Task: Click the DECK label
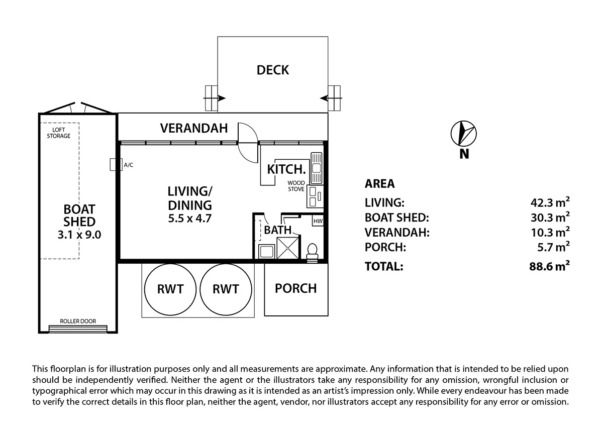pos(273,70)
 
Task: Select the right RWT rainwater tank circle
pos(226,289)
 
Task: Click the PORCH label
pos(296,288)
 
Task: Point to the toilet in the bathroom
pos(312,252)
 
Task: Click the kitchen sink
pos(317,167)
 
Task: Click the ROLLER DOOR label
pos(77,321)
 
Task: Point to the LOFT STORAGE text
pos(59,133)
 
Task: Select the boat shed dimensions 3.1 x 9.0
pos(79,234)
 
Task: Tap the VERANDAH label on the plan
pos(193,128)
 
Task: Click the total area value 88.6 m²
pos(546,266)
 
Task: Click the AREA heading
pos(379,184)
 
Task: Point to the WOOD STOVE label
pos(296,186)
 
